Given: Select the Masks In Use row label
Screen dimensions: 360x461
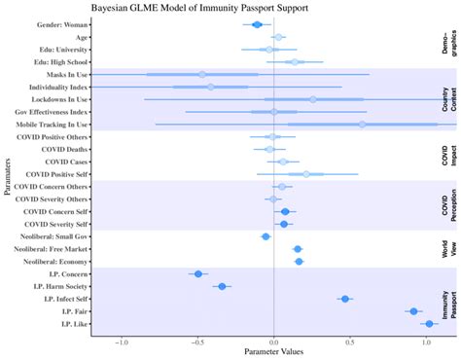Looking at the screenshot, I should tap(61, 74).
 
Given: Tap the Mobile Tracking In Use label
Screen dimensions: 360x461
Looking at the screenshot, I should tap(48, 125).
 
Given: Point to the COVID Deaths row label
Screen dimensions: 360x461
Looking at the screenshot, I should tap(63, 149).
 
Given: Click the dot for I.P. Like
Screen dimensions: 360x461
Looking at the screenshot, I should tap(429, 324).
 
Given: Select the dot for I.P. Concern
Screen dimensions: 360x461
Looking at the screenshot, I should tap(198, 274).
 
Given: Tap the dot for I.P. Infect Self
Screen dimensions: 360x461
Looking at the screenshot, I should tap(345, 299).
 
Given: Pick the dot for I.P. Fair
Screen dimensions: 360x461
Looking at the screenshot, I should tap(413, 311).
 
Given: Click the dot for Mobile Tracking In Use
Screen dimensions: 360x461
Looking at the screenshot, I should tap(362, 125).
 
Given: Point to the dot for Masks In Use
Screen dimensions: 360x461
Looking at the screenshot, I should tap(202, 74).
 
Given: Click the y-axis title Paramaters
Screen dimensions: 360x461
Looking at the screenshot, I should tap(7, 175).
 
